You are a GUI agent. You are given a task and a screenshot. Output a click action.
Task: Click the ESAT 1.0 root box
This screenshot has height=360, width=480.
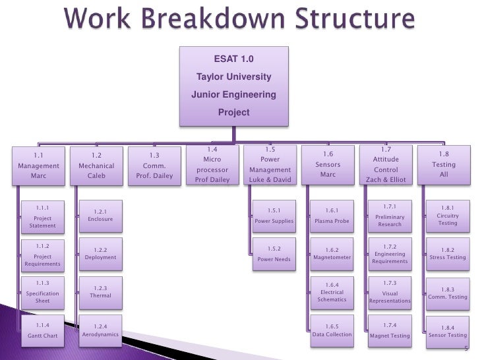(x=233, y=86)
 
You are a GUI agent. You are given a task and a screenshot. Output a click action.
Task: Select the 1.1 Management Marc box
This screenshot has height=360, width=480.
(x=38, y=166)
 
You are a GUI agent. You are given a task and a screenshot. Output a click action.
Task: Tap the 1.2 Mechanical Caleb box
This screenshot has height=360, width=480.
(x=96, y=166)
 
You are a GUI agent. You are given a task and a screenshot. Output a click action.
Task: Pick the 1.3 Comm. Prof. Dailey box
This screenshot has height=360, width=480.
(x=154, y=166)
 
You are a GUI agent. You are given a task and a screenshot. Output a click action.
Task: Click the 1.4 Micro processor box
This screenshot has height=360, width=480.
(x=211, y=165)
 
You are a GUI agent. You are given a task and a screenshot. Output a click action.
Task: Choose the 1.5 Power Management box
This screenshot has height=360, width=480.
(x=269, y=165)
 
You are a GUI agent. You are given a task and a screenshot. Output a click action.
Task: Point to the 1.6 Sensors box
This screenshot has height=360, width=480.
(x=328, y=165)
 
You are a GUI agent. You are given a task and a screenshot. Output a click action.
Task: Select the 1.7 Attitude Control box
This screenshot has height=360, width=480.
(x=386, y=165)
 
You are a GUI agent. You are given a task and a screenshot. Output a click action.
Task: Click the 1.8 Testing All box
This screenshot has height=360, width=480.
(x=443, y=165)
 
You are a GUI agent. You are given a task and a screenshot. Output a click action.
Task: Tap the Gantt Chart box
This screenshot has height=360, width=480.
(x=43, y=331)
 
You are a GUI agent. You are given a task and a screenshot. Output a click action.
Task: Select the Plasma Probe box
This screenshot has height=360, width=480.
(x=332, y=216)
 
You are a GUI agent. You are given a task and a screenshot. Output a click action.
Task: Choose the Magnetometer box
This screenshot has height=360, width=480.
(x=332, y=254)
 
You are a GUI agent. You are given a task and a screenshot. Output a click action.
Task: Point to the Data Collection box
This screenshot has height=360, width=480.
(x=332, y=330)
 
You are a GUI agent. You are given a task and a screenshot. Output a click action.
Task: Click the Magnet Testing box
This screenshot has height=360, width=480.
(x=390, y=331)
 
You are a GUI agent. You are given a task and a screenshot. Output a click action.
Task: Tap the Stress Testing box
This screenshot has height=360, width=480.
(x=447, y=254)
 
